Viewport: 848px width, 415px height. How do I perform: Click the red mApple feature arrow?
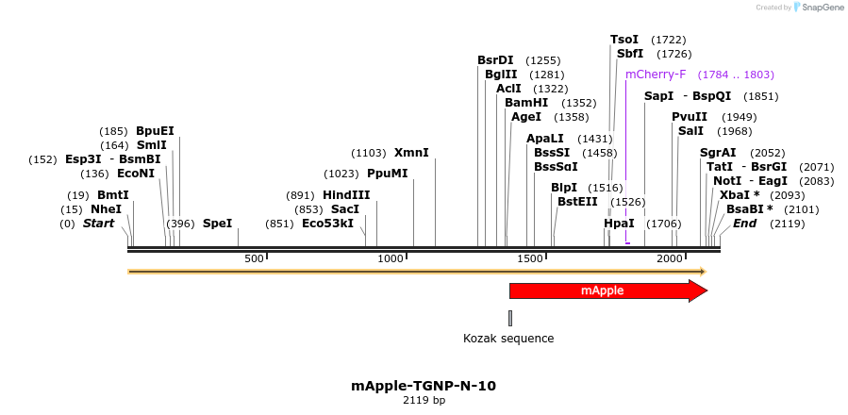(x=604, y=290)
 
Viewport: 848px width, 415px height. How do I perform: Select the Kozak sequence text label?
(x=508, y=339)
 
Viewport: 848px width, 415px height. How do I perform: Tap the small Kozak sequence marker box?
(x=510, y=318)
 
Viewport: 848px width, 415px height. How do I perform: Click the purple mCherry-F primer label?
(x=656, y=75)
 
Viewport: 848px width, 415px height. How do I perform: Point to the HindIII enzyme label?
(x=346, y=195)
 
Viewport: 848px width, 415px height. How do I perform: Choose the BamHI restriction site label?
(x=525, y=103)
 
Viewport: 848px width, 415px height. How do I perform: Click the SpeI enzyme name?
(x=217, y=224)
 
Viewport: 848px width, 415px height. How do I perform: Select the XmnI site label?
(x=411, y=153)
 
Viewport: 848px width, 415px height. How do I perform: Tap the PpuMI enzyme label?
(x=387, y=174)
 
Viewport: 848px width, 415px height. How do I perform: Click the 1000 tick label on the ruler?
(x=391, y=258)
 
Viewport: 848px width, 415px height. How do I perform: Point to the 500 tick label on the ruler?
(x=254, y=258)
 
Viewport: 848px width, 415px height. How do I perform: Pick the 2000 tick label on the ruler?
(x=670, y=258)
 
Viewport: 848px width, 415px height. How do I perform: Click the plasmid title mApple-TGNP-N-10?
(x=424, y=386)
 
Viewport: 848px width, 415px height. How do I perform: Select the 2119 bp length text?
(x=424, y=401)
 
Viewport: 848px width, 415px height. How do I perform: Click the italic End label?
(x=744, y=224)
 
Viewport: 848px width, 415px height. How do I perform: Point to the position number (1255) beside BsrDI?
(x=543, y=60)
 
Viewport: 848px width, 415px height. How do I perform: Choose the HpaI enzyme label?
(x=619, y=224)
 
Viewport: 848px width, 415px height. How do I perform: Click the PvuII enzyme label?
(x=689, y=117)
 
